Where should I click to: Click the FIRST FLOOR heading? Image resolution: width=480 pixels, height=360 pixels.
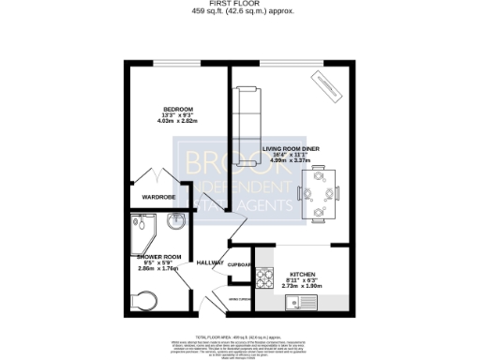[x=239, y=4]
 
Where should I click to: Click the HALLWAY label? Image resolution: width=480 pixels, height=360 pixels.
[x=210, y=262]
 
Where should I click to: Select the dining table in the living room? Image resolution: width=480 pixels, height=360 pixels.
[x=320, y=194]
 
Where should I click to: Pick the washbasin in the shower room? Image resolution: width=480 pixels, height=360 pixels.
[x=176, y=222]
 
